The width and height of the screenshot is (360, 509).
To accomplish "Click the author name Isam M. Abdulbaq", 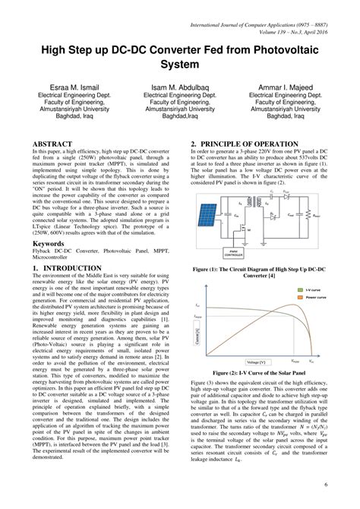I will coord(179,89).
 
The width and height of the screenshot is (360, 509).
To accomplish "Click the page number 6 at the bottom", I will coord(325,483).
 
